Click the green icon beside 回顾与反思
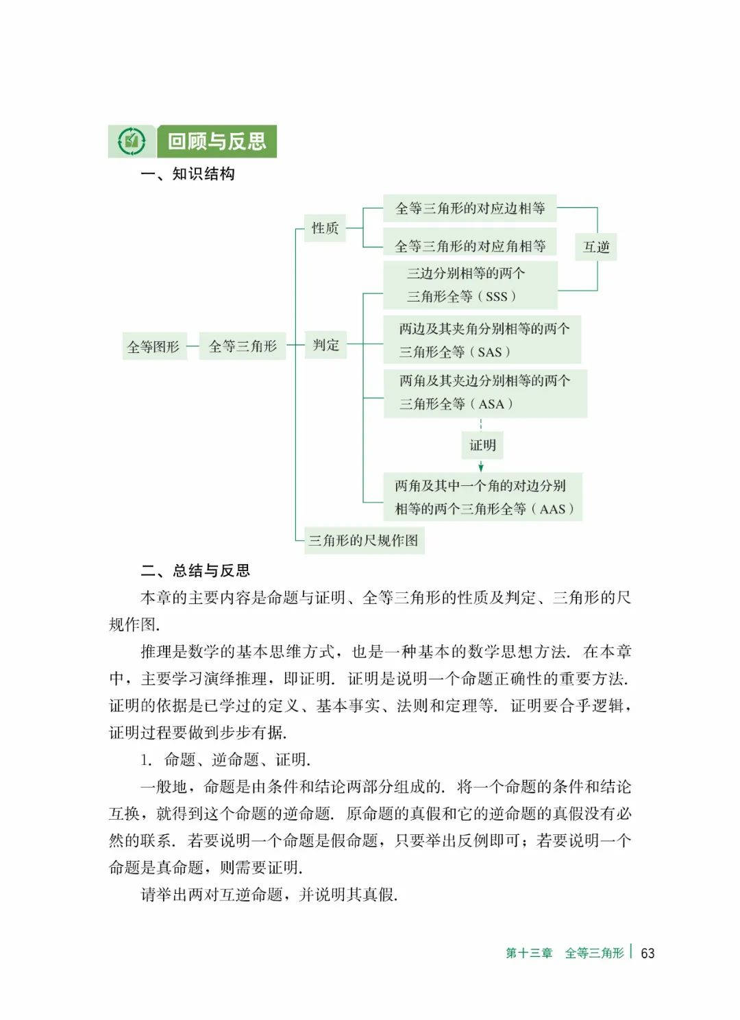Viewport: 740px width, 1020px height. click(132, 142)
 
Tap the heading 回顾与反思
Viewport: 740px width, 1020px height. click(217, 142)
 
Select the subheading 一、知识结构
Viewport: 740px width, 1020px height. click(188, 174)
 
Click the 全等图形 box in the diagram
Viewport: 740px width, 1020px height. click(153, 347)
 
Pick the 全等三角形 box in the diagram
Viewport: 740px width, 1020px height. click(243, 346)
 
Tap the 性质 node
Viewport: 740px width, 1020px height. click(325, 228)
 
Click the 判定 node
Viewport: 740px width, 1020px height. click(326, 345)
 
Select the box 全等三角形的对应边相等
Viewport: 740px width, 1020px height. click(469, 208)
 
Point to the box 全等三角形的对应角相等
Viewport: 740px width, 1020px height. click(470, 245)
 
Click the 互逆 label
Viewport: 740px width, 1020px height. click(596, 247)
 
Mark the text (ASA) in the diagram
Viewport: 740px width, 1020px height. click(491, 404)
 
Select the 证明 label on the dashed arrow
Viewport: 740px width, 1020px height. click(482, 445)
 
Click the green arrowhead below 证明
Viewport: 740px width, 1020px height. click(481, 467)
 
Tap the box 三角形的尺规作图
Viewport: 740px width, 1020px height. click(363, 540)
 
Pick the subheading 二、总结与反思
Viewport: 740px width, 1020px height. click(195, 570)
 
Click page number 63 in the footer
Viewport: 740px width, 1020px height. click(647, 953)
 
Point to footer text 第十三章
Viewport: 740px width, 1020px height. click(529, 953)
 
